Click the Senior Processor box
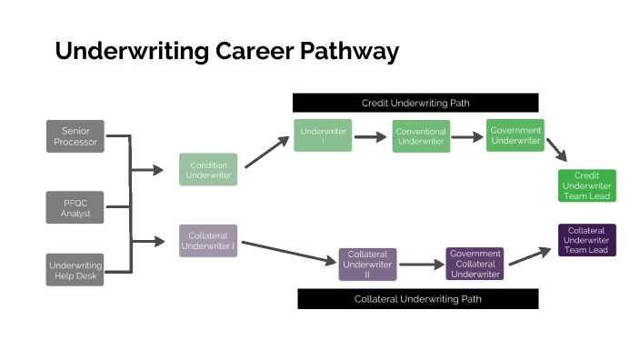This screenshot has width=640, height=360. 75,136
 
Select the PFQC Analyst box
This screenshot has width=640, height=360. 75,207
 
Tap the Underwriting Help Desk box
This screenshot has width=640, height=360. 75,270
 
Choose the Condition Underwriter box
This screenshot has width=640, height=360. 208,169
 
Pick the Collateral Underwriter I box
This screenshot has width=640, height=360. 208,240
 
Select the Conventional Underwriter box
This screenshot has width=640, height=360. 421,137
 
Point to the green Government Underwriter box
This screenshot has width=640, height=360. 515,135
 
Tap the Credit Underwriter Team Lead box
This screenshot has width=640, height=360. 587,185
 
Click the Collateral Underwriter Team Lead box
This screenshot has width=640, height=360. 587,240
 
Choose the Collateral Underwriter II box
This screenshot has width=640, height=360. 368,264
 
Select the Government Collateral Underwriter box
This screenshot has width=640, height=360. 475,264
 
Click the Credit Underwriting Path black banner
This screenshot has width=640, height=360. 415,103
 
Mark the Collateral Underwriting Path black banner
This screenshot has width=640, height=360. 418,298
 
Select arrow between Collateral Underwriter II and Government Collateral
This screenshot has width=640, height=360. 421,265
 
